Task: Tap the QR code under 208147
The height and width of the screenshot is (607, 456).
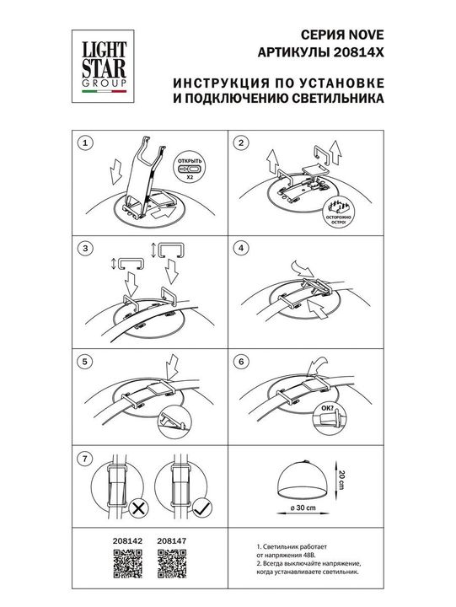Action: [171, 566]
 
